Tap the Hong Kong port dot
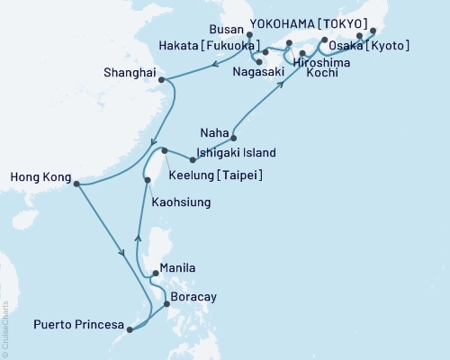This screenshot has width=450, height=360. pos(76,184)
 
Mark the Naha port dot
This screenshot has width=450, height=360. pos(233,138)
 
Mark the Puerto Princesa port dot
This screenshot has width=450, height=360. pos(130,329)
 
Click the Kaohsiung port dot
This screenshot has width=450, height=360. pos(148,181)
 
